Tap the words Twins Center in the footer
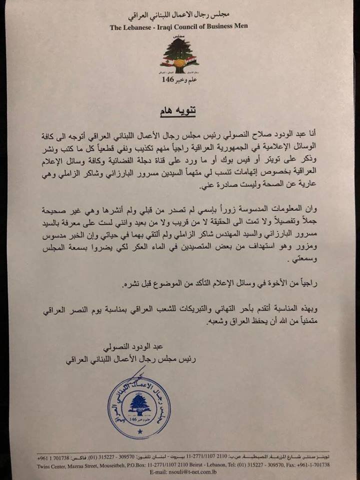tap(54, 463)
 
